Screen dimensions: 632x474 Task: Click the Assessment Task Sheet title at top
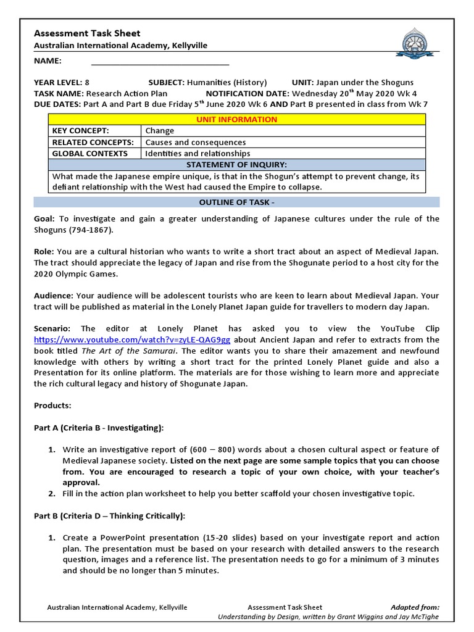pyautogui.click(x=87, y=33)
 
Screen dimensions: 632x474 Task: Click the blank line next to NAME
pyautogui.click(x=160, y=61)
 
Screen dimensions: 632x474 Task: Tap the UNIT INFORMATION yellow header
pyautogui.click(x=236, y=119)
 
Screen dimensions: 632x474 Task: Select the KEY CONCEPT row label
pyautogui.click(x=80, y=131)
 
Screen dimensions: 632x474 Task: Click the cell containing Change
pyautogui.click(x=160, y=131)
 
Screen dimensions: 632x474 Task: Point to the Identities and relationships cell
pyautogui.click(x=197, y=153)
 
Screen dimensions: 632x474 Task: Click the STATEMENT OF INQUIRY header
pyautogui.click(x=236, y=165)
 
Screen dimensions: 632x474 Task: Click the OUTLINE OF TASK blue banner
pyautogui.click(x=236, y=202)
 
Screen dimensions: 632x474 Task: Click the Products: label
pyautogui.click(x=52, y=405)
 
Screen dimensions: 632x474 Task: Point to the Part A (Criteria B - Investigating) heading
pyautogui.click(x=99, y=428)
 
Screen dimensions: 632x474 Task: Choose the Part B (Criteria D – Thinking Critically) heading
pyautogui.click(x=109, y=516)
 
